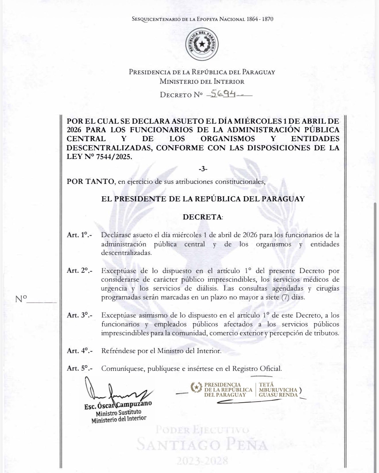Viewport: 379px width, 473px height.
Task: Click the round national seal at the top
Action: coord(202,44)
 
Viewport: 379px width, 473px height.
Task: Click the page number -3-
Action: coord(203,169)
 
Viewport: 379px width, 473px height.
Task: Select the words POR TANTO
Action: coord(90,182)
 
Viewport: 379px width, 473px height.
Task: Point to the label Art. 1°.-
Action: coord(79,235)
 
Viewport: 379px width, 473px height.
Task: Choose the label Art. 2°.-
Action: coord(79,270)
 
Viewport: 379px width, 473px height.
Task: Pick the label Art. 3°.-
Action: coord(79,316)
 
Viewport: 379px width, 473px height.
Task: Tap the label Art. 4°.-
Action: coord(79,351)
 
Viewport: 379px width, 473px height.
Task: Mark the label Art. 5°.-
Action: coord(79,369)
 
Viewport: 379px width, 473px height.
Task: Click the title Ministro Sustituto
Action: coord(118,413)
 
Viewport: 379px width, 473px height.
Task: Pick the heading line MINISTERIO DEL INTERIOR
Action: coord(202,81)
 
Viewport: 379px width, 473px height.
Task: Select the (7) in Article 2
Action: coord(285,297)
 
